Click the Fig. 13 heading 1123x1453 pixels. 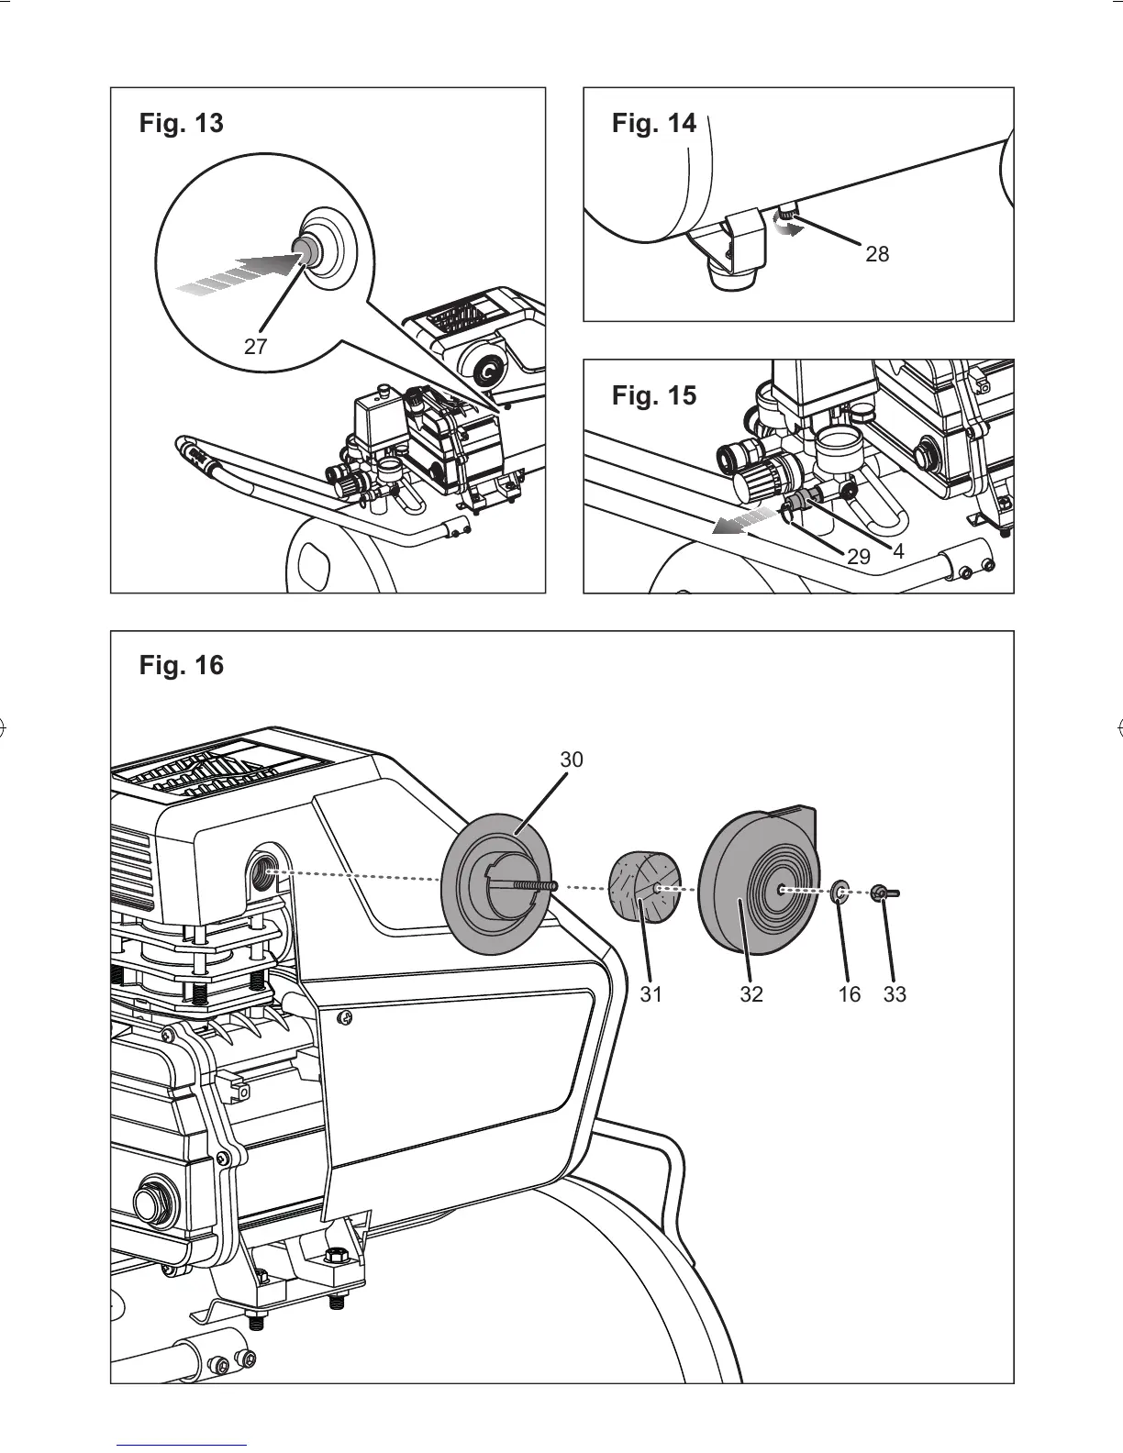tap(181, 123)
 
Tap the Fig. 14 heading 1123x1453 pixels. tap(653, 123)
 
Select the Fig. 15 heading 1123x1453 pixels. tap(653, 395)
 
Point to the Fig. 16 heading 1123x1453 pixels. tap(181, 665)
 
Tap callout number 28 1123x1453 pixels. tap(877, 254)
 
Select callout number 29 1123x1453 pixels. tap(858, 557)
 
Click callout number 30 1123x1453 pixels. tap(572, 760)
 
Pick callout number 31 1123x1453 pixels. tap(650, 994)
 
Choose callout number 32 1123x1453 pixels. tap(751, 994)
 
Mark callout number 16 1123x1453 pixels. tap(850, 994)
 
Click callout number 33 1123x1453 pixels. tap(895, 994)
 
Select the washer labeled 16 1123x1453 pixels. tap(839, 891)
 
